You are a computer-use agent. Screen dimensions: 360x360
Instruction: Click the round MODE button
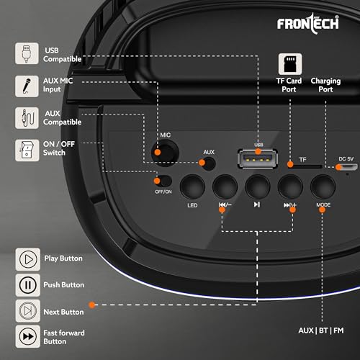(x=323, y=189)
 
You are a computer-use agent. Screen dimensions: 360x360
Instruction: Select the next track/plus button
(x=290, y=189)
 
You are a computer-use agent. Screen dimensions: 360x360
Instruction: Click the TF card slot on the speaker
(x=303, y=166)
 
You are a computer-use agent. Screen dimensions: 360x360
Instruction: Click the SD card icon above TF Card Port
(x=290, y=63)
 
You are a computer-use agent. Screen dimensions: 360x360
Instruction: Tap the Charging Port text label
(x=325, y=86)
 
